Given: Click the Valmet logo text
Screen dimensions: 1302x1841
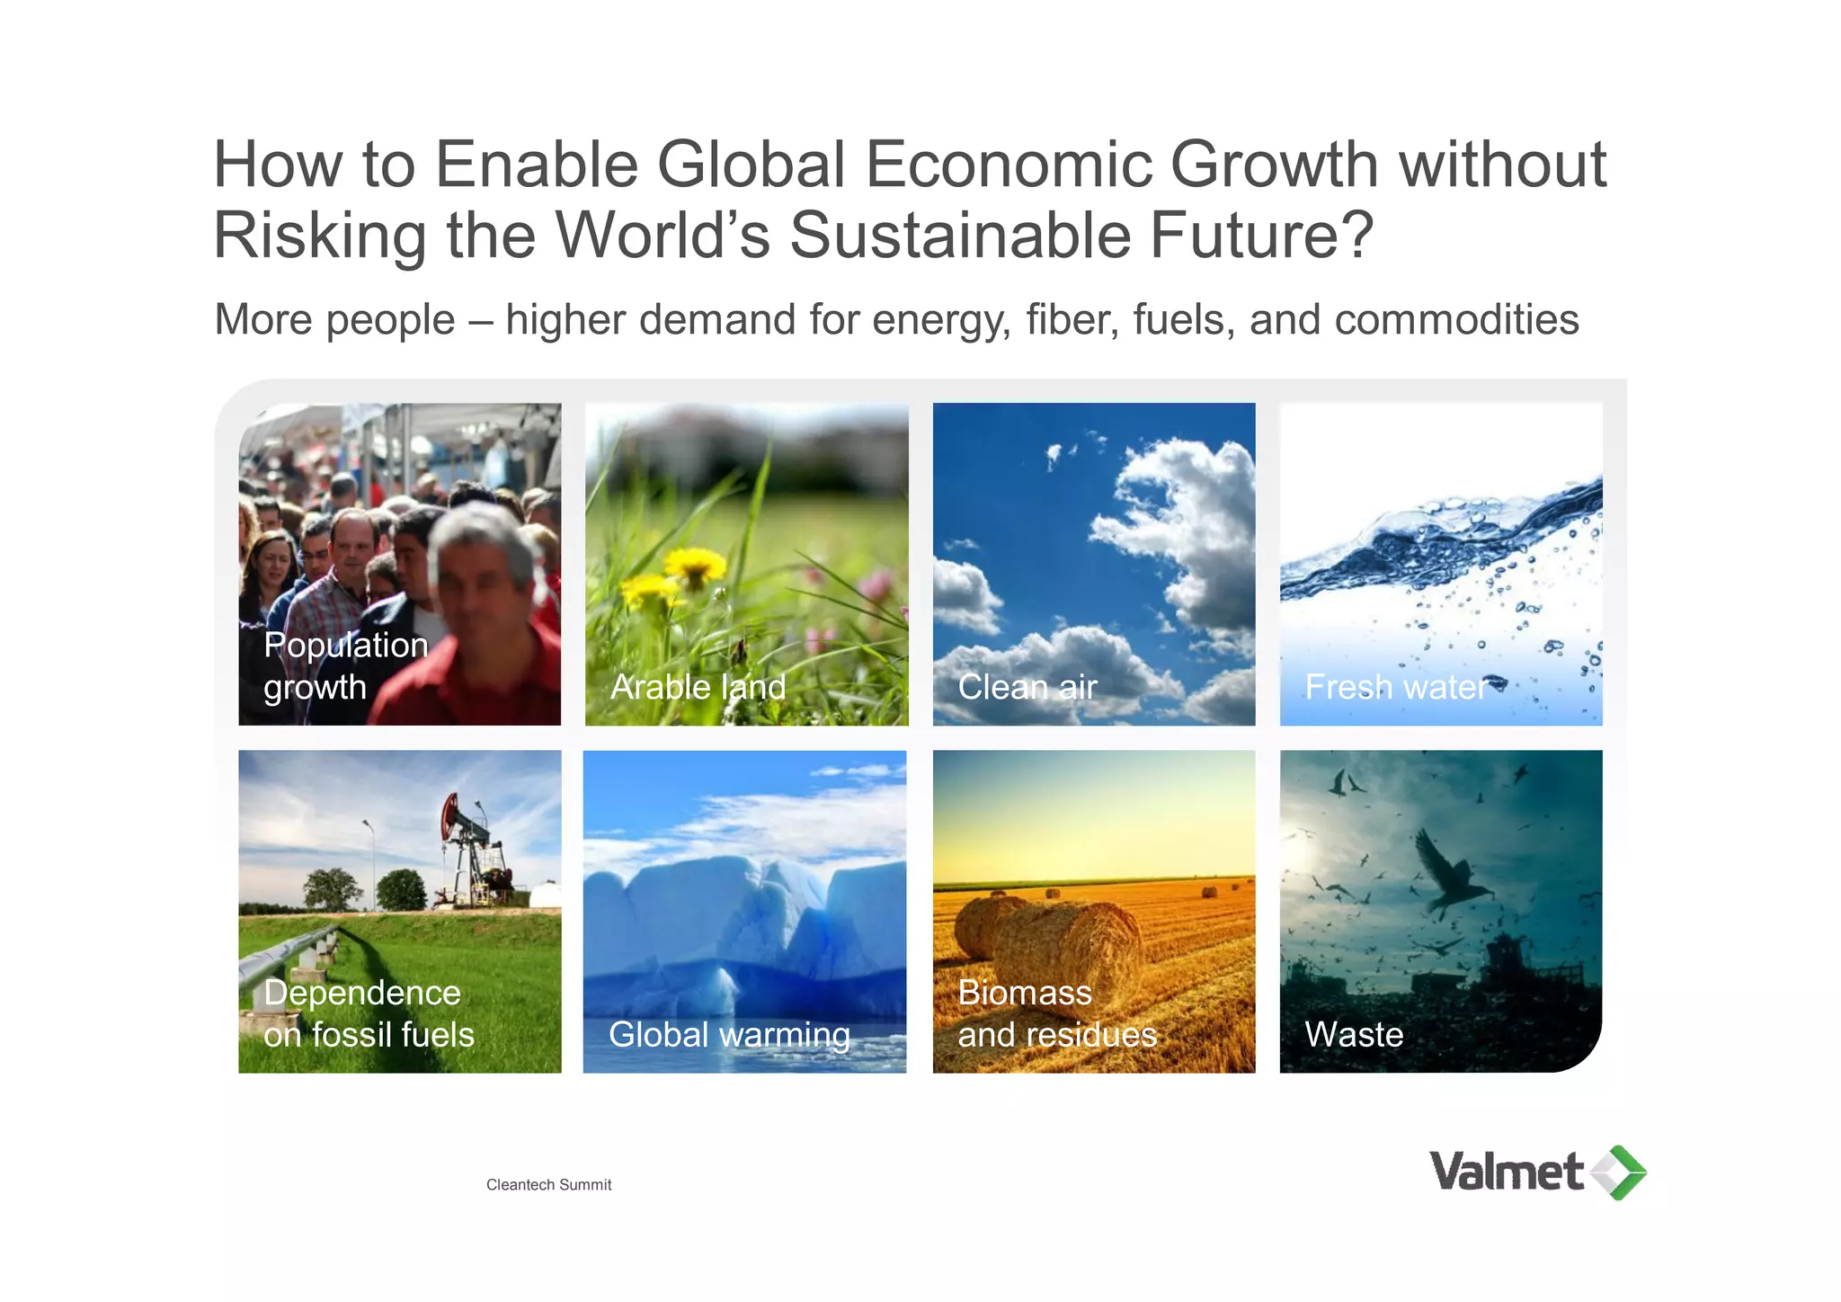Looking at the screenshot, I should coord(1506,1172).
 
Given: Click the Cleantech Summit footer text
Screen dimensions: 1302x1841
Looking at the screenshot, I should coord(548,1185).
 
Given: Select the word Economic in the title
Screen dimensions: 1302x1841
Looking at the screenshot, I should coord(1008,165).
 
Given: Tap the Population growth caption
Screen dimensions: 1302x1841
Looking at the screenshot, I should coord(345,665).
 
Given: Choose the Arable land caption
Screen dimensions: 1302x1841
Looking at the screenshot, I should coord(698,687).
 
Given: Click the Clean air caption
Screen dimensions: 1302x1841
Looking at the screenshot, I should coord(1027,687).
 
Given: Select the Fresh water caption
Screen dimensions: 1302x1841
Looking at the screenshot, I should coord(1396,687).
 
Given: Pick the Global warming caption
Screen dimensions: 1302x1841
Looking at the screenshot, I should coord(728,1034).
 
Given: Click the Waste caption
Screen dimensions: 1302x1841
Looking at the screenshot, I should coord(1353,1034).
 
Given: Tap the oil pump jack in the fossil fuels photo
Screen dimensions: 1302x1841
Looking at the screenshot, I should coord(472,850).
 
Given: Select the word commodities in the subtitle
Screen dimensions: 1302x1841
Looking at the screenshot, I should coord(1456,320).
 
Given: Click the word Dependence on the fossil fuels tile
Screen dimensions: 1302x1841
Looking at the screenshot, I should coord(362,993).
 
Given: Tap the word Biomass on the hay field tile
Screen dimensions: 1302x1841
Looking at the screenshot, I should coord(1025,993).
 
